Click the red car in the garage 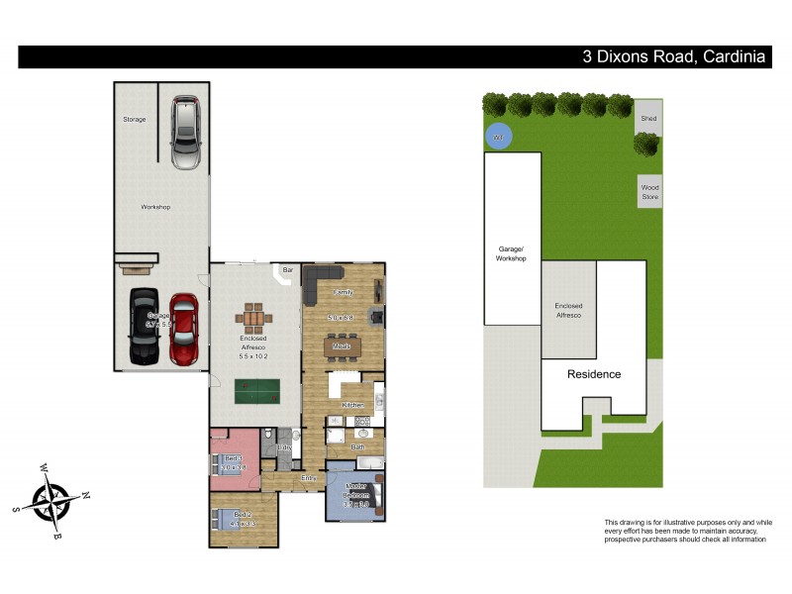pos(183,329)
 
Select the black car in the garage pos(145,326)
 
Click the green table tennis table pos(256,391)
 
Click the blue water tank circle pos(499,136)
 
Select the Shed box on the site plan pos(648,118)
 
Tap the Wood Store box pos(649,190)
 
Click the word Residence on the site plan pos(594,374)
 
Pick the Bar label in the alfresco pos(288,269)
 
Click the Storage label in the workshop pos(134,119)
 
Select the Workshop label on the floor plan pos(155,207)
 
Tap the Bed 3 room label pos(232,457)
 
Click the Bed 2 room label pos(243,516)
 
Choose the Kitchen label pos(352,405)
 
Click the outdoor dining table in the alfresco pos(255,320)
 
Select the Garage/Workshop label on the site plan pos(511,253)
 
